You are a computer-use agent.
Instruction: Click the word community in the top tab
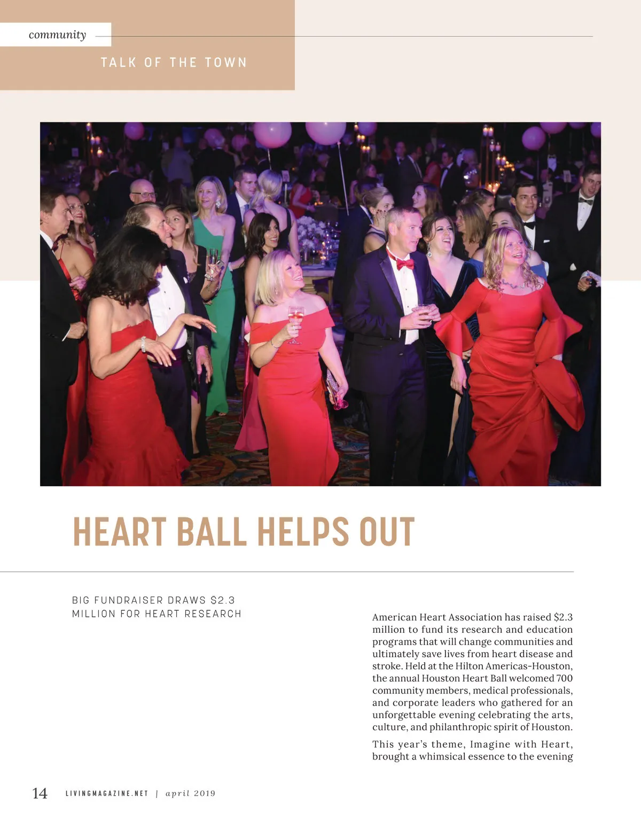pos(57,35)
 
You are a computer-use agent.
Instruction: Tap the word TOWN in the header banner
pos(226,63)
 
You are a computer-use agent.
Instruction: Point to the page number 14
pos(40,793)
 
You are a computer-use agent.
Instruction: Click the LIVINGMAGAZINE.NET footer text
pos(106,794)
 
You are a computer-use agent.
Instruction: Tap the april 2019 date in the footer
pos(190,794)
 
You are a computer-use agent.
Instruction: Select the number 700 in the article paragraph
pos(564,678)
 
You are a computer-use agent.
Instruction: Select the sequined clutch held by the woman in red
pos(334,387)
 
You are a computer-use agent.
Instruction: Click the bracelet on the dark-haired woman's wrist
pos(143,344)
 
